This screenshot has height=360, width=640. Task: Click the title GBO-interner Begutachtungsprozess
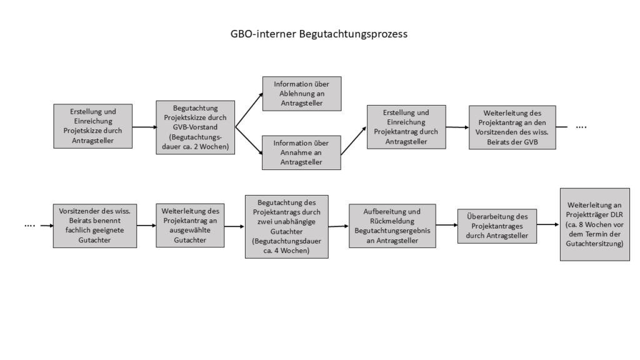(319, 34)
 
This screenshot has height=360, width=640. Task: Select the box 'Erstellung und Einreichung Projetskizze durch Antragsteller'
(92, 126)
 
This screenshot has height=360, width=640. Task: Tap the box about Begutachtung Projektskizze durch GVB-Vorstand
(195, 127)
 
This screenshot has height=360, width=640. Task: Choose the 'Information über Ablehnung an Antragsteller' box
(302, 94)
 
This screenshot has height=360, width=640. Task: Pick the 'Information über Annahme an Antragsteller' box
(301, 152)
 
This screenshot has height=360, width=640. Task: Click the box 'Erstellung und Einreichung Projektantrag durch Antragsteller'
(406, 127)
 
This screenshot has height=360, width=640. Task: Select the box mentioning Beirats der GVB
(512, 127)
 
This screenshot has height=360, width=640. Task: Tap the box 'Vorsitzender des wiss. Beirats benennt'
(95, 226)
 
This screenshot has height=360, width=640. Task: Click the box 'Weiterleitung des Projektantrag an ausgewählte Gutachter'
(190, 225)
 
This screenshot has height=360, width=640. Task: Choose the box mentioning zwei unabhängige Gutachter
(286, 226)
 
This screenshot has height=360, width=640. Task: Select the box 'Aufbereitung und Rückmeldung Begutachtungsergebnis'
(392, 226)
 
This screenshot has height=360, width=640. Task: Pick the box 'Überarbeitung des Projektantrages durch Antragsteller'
(497, 226)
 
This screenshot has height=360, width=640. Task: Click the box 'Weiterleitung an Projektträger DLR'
(595, 224)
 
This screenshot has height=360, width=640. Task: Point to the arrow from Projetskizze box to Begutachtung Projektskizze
(144, 127)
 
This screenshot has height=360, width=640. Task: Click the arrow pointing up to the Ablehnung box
(249, 110)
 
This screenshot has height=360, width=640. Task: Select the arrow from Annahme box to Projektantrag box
(354, 141)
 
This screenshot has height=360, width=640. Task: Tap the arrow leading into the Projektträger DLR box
(547, 224)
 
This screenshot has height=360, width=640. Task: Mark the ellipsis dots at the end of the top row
(581, 127)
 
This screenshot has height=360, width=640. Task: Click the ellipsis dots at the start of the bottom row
(30, 226)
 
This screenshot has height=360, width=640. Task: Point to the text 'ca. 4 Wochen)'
(286, 251)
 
